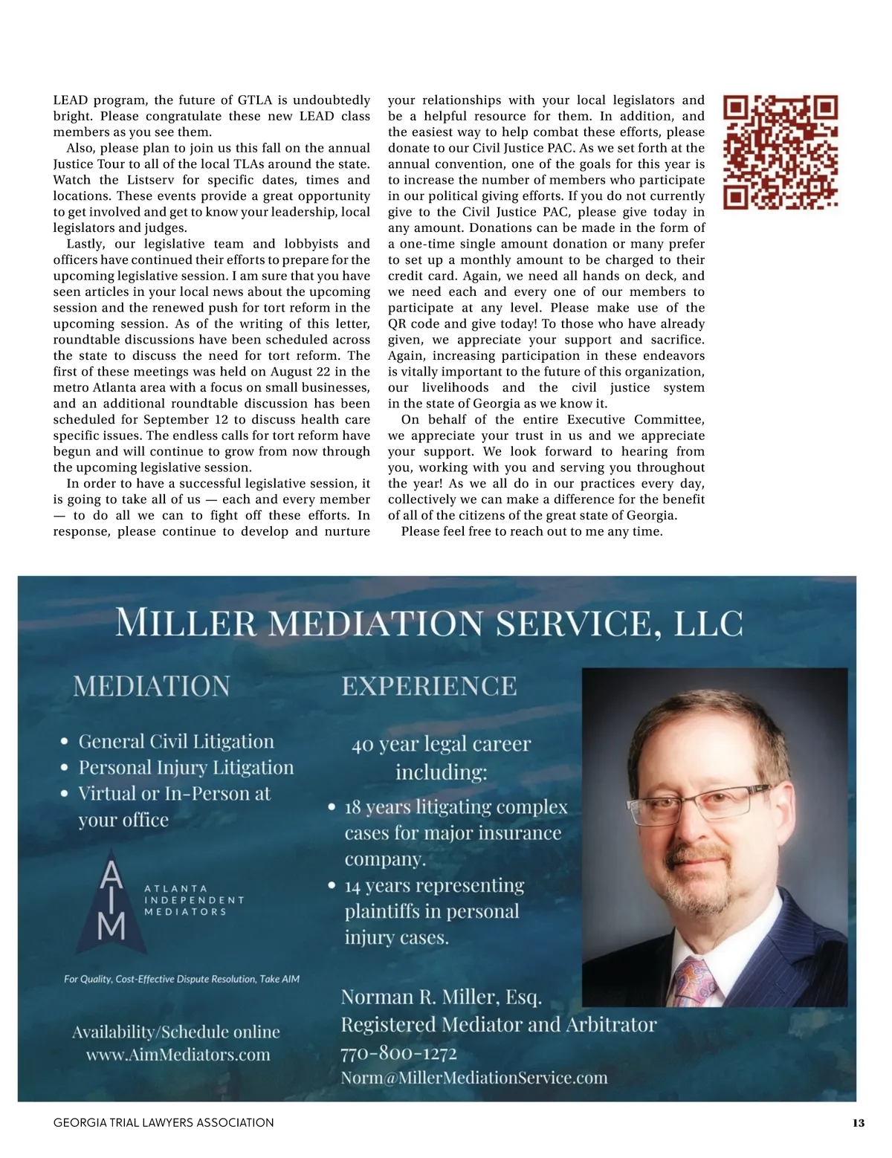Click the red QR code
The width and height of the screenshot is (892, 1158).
[x=780, y=152]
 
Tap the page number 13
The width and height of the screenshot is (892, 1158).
[x=859, y=1123]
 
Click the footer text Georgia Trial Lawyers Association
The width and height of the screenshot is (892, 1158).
[x=164, y=1123]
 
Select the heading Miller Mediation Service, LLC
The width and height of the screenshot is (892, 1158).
[x=429, y=623]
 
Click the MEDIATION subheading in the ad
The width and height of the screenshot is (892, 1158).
[x=152, y=685]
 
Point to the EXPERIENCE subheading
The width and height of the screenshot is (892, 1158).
[x=429, y=685]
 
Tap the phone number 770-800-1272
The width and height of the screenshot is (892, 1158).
[x=398, y=1052]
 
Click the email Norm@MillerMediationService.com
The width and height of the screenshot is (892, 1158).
[x=474, y=1078]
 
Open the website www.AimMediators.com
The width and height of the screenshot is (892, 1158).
[x=178, y=1055]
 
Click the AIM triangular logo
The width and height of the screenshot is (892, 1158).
[x=111, y=903]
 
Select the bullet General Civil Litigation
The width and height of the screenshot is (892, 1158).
[x=176, y=742]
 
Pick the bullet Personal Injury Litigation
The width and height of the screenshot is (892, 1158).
[x=186, y=768]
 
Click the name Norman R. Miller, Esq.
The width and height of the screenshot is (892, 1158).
[x=441, y=997]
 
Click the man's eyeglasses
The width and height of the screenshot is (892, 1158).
[x=699, y=800]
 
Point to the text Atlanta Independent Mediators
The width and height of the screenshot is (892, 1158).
[x=193, y=900]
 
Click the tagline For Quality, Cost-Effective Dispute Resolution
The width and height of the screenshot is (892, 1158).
[x=181, y=979]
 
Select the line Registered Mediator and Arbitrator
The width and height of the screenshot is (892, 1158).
[x=498, y=1025]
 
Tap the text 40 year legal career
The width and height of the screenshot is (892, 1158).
[x=441, y=744]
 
